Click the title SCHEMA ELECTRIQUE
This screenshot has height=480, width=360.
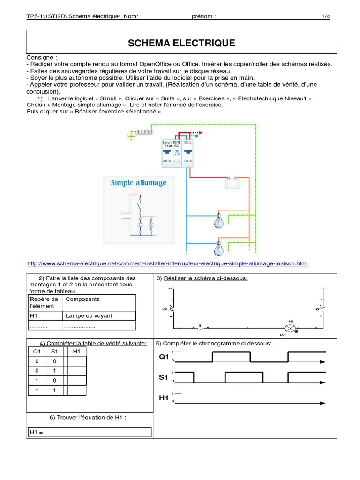tap(181, 44)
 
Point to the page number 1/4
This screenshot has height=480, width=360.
tap(325, 17)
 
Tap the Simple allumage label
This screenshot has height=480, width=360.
tap(139, 182)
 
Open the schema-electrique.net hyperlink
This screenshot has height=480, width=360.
tap(168, 263)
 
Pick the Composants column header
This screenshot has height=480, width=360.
tap(83, 299)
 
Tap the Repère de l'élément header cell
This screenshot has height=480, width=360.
tap(44, 302)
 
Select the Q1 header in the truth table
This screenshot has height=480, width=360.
tap(37, 351)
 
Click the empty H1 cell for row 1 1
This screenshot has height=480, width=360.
tap(77, 390)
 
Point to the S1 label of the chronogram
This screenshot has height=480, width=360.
tap(164, 377)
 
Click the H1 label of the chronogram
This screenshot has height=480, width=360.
tap(164, 398)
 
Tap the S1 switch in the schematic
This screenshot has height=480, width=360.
tap(199, 327)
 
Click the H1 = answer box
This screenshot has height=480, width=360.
tap(90, 432)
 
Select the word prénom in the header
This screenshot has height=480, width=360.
tap(204, 17)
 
